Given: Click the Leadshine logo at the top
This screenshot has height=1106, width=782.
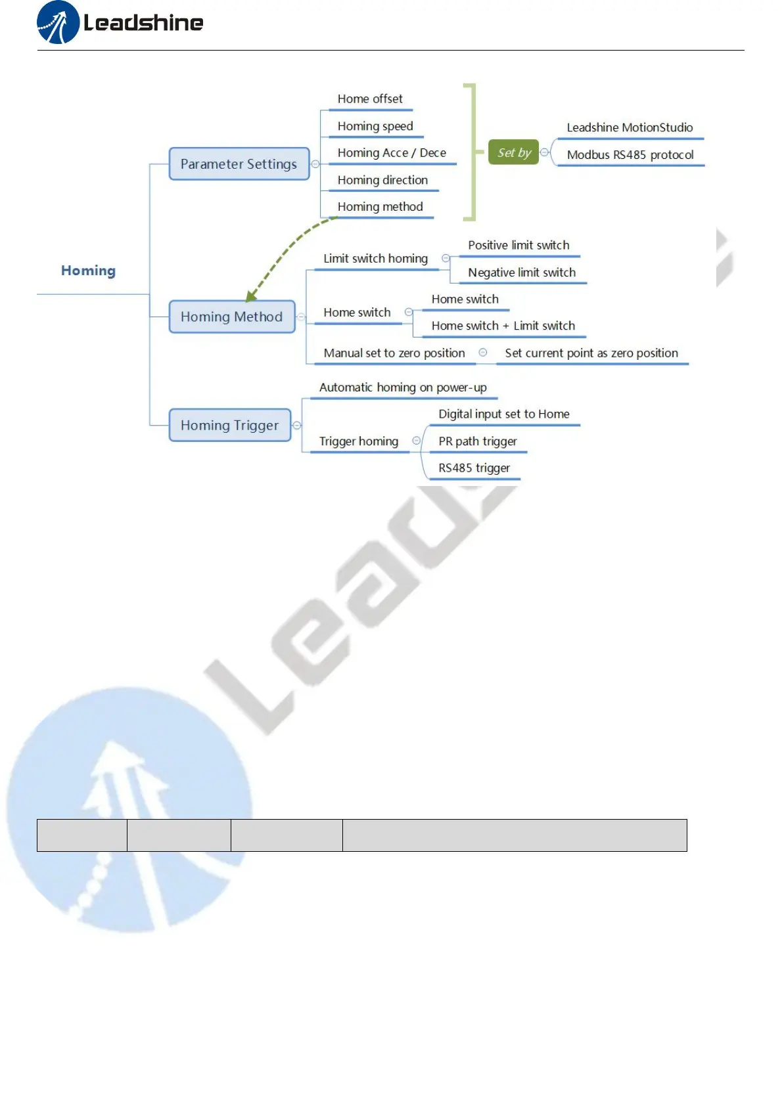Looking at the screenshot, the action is (120, 23).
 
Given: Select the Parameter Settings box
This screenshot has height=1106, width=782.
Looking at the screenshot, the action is (239, 164).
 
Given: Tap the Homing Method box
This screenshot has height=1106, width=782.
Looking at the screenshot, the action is (231, 317).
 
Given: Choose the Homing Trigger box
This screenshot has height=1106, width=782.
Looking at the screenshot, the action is (229, 426).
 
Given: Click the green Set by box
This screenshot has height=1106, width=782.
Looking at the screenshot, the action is (513, 153).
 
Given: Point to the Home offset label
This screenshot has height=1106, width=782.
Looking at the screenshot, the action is (370, 99).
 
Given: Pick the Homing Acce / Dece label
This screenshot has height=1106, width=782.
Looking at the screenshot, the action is (392, 153).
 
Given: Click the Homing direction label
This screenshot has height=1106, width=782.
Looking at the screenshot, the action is (382, 180).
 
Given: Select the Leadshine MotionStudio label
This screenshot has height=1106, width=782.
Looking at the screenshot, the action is (630, 127).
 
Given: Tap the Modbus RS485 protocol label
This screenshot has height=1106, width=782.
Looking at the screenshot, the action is (630, 155).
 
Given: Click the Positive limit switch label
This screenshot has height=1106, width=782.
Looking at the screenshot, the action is (518, 246).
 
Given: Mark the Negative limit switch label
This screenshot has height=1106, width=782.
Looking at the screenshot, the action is (522, 273).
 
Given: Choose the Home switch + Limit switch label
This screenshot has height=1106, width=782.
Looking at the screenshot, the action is (503, 326).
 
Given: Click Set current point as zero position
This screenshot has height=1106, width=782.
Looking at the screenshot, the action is (591, 353).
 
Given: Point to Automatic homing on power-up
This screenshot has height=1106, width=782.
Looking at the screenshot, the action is (403, 387).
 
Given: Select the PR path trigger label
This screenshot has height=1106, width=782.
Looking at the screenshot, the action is (478, 441).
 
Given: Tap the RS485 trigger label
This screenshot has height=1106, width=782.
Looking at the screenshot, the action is (474, 468).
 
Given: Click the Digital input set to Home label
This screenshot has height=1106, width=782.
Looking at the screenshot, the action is (504, 414).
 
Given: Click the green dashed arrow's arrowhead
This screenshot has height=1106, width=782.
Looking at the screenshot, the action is (250, 296).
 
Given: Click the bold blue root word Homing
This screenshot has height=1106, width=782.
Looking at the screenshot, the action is (88, 271).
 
